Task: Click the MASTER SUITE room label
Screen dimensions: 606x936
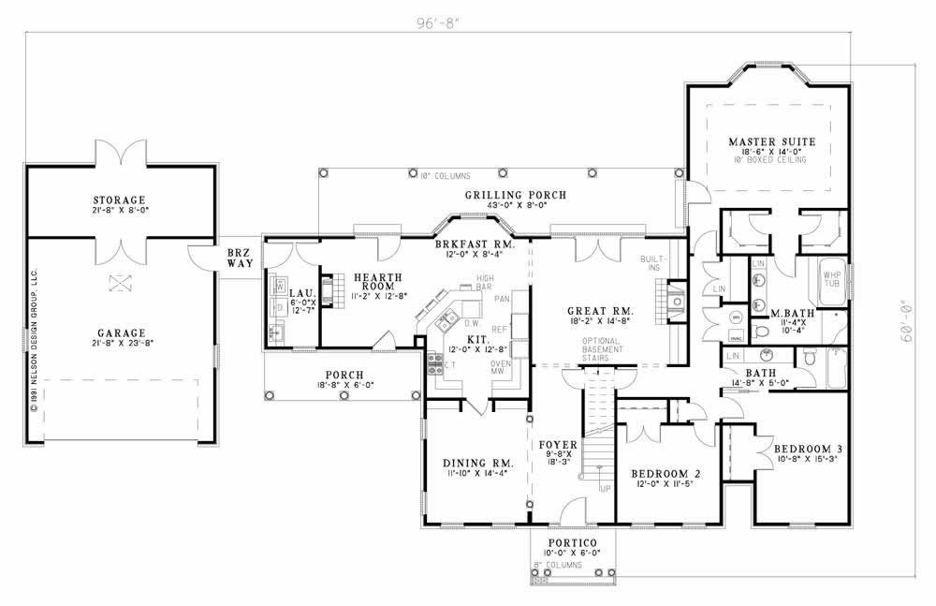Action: [x=772, y=142]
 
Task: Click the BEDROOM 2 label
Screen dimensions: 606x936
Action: [x=666, y=473]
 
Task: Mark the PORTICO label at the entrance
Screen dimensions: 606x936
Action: [x=569, y=544]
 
